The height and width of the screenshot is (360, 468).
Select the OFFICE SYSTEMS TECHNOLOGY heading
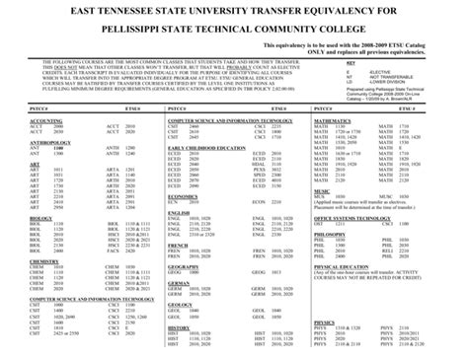[350, 217]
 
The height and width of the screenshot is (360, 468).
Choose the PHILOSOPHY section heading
[331, 233]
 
